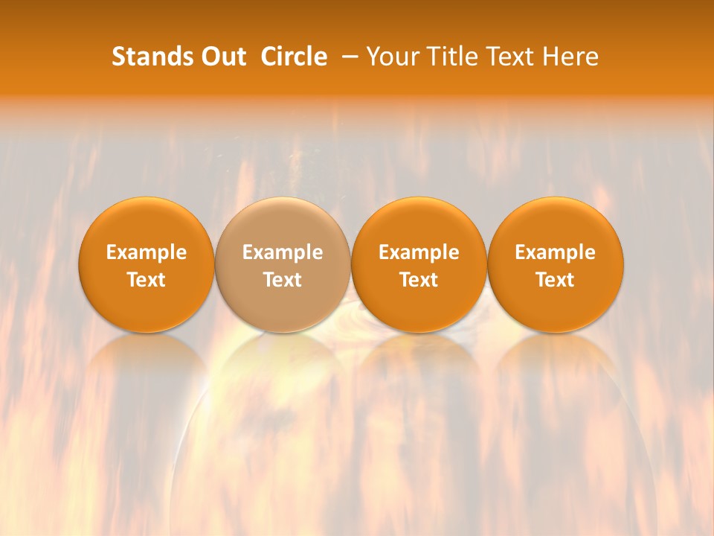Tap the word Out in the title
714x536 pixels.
pos(222,57)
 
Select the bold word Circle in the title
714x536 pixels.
pos(294,57)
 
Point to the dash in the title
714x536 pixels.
pos(350,57)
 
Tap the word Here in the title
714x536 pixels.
pos(570,57)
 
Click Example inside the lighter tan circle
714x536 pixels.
pos(283,252)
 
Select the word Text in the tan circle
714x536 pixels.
pos(283,280)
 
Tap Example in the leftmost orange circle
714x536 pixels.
pos(147,252)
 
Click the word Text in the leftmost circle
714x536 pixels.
pos(147,280)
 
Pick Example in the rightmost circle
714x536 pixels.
pos(555,252)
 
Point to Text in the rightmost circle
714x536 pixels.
pos(555,280)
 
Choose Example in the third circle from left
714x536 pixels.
pos(419,252)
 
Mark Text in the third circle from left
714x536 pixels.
pos(419,280)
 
